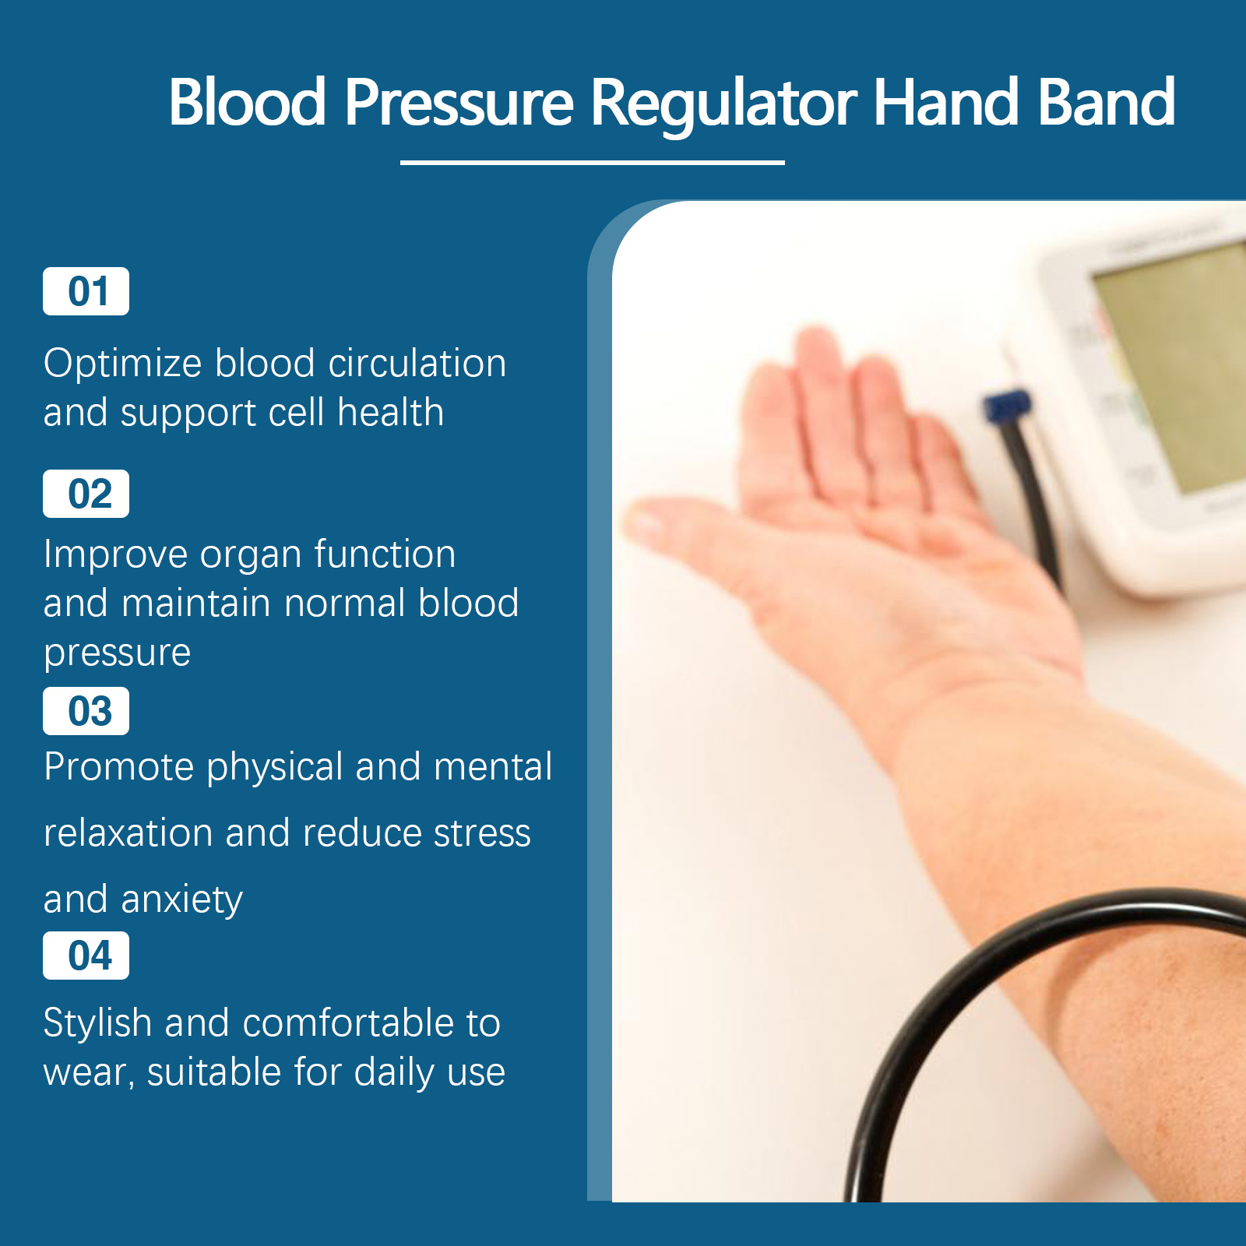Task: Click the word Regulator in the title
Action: coord(724,104)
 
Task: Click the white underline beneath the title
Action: coord(592,162)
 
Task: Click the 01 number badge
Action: coord(86,291)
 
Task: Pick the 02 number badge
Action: coord(86,494)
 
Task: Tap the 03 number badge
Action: coord(86,711)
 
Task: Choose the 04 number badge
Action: coord(86,956)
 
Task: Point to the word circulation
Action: coord(417,363)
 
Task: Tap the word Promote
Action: coord(118,766)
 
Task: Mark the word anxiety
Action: coord(182,901)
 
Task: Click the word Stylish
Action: coord(97,1024)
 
